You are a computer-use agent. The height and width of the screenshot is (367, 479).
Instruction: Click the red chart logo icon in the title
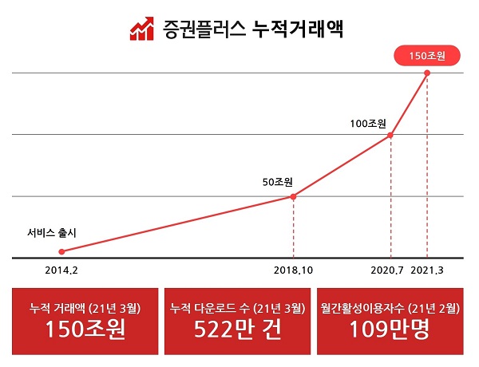[141, 30]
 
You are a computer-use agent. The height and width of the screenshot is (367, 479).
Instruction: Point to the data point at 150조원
[427, 73]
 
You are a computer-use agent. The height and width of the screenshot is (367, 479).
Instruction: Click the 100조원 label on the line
[368, 124]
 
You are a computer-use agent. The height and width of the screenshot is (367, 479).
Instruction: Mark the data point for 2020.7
[390, 135]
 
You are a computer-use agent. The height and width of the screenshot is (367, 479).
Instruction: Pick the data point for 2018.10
[293, 196]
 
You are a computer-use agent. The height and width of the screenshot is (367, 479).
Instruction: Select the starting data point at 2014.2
[61, 251]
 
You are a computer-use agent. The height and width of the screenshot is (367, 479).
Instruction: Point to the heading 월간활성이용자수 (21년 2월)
[390, 307]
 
